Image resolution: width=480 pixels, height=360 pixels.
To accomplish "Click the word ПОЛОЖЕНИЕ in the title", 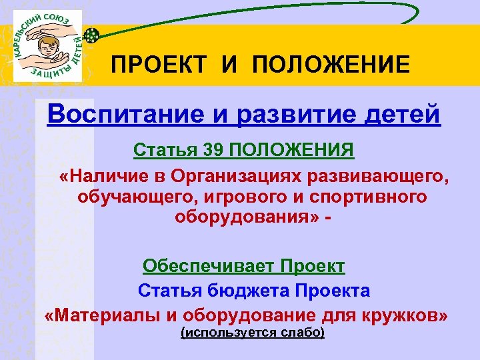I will click(331, 65).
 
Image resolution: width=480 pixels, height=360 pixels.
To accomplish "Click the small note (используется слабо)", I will click(253, 332).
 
